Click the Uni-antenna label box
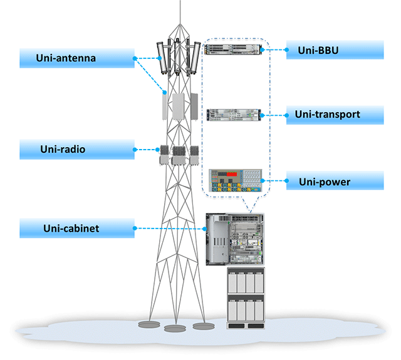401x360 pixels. [77, 58]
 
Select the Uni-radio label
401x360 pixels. [77, 150]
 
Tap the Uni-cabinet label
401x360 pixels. [77, 228]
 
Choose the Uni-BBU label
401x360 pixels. [335, 50]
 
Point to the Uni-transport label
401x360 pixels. [335, 115]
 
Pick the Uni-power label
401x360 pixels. [335, 180]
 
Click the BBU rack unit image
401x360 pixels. [233, 49]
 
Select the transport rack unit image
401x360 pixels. [234, 115]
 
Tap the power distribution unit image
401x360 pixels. [236, 180]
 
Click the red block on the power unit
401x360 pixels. [232, 174]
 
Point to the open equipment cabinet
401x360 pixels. [235, 239]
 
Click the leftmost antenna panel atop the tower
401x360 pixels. [162, 58]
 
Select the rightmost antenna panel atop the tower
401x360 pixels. [195, 58]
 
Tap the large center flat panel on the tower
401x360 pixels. [178, 106]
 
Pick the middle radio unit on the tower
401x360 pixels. [179, 156]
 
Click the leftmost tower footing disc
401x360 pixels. [149, 324]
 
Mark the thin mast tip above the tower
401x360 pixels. [180, 1]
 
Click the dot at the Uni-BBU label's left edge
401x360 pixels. [287, 50]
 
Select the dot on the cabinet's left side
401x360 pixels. [205, 229]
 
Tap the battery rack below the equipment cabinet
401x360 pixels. [246, 298]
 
